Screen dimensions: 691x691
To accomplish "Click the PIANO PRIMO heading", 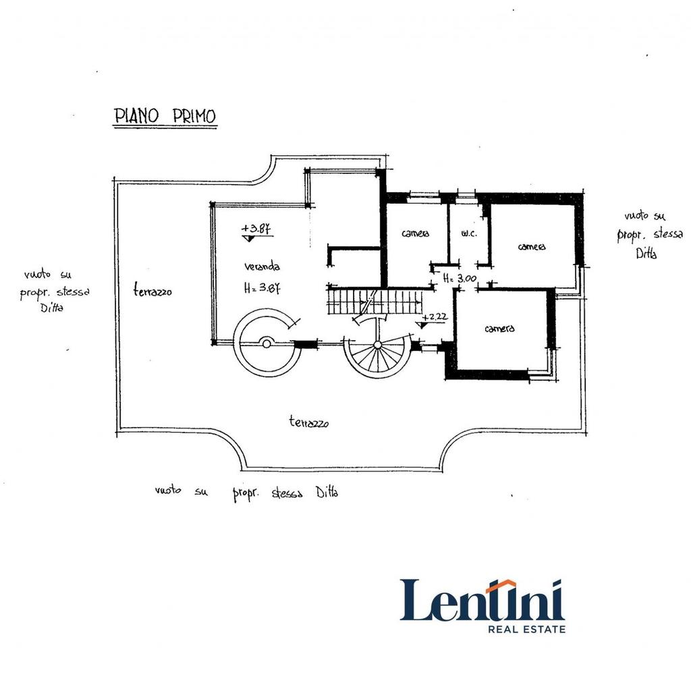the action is [165, 115].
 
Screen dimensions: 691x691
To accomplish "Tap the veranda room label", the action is [262, 266].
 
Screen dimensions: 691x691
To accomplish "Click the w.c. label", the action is [469, 233].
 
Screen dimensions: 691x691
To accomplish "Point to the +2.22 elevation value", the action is [435, 317].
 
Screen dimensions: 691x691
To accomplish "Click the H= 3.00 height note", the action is [460, 279].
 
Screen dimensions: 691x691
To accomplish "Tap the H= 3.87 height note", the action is [262, 288].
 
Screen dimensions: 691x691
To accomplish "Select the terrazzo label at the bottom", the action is [309, 422].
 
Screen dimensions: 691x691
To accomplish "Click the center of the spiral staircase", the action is [378, 345].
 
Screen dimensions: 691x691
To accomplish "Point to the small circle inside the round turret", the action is [266, 343].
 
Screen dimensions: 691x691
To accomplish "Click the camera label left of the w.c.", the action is [415, 233].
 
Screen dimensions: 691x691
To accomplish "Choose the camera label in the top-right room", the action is [532, 247].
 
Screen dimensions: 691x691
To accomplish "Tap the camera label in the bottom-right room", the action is [499, 329].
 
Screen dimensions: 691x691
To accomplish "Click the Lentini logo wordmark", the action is [482, 600].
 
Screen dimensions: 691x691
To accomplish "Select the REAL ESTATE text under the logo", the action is [526, 629].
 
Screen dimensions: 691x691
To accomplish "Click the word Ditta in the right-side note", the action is [646, 254].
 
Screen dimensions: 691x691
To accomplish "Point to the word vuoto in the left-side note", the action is [37, 274].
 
